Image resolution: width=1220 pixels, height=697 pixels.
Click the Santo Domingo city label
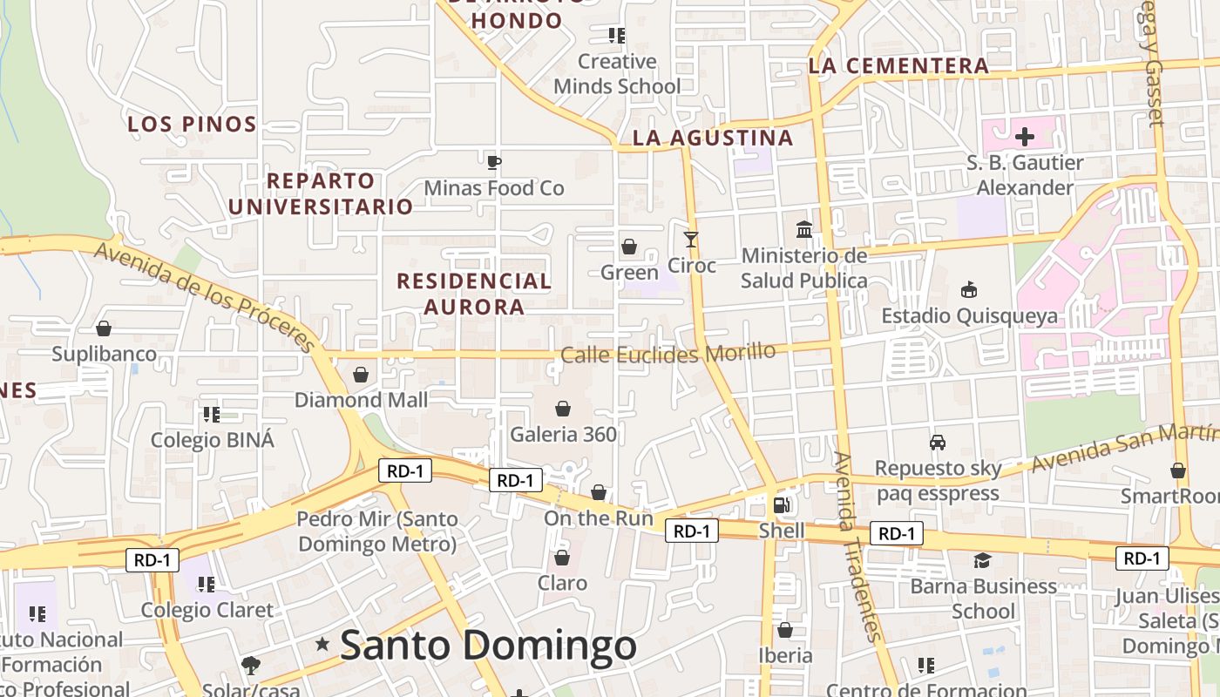pos(488,646)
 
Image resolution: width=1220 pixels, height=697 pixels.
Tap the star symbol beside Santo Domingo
pos(322,645)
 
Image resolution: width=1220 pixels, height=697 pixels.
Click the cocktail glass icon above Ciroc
pos(691,239)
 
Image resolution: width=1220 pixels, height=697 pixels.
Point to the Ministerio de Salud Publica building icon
pos(804,230)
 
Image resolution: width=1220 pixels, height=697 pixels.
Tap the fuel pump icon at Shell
pos(782,505)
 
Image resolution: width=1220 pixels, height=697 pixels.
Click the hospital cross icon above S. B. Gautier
pos(1025,137)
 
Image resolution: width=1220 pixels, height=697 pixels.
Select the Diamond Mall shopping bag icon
pos(361,375)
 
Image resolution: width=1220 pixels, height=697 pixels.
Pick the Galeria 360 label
pos(563,434)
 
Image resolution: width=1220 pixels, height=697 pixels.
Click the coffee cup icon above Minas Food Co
pos(494,162)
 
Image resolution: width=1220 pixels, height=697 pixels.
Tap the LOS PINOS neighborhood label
pos(193,124)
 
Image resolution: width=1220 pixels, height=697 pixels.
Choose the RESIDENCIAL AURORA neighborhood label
pos(474,294)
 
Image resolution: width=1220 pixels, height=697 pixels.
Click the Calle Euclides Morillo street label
pos(668,354)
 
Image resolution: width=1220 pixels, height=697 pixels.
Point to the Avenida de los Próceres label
pos(204,296)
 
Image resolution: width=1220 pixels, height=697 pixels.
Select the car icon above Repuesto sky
pos(938,443)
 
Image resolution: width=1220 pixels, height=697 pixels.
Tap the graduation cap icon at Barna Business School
pos(982,560)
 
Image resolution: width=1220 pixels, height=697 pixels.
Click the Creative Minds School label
pos(617,74)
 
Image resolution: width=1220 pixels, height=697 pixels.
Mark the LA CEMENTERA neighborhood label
pos(898,65)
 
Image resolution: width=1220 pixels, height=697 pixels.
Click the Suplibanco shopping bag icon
pos(104,328)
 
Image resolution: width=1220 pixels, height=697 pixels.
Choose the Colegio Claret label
pos(207,610)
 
